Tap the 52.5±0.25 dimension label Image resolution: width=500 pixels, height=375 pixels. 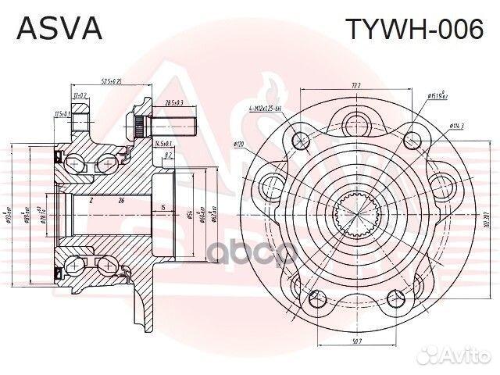pyautogui.click(x=116, y=81)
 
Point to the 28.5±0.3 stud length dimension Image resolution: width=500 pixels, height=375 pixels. pyautogui.click(x=174, y=103)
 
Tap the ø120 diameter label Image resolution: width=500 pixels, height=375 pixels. pyautogui.click(x=240, y=144)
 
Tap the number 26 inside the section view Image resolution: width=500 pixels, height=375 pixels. pyautogui.click(x=122, y=202)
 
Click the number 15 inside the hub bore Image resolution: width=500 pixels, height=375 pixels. pyautogui.click(x=162, y=207)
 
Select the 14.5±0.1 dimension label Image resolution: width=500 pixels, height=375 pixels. pyautogui.click(x=163, y=144)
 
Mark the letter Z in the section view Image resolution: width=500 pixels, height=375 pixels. pyautogui.click(x=91, y=202)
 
